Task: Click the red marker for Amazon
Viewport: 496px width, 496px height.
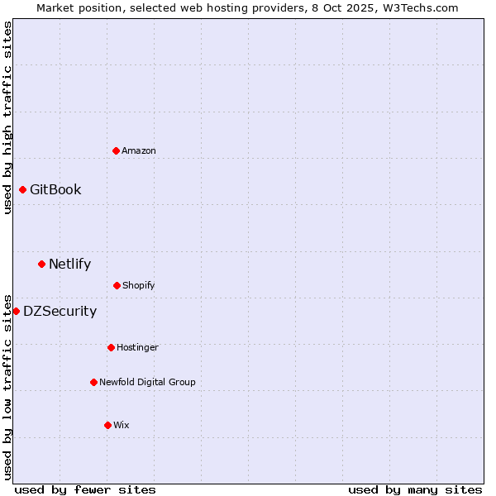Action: coord(116,150)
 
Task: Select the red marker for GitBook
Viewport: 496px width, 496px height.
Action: coord(22,190)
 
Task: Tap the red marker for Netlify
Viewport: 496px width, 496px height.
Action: coord(41,265)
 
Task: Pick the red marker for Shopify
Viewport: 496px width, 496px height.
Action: coord(117,285)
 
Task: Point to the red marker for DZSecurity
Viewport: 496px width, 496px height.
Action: coord(16,311)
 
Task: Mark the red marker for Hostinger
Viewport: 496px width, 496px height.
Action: coord(111,347)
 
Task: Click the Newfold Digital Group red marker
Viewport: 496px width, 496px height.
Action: coord(93,382)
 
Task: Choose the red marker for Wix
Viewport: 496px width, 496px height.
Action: coord(107,425)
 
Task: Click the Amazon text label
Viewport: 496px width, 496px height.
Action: coord(139,150)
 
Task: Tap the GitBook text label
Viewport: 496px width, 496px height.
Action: coord(55,190)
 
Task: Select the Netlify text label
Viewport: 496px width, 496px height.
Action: coord(69,265)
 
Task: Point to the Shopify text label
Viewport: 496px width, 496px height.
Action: coord(139,285)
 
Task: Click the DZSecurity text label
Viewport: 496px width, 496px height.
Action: coord(60,312)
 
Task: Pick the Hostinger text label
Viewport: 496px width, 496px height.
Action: coord(137,347)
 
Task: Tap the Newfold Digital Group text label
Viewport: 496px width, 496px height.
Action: coord(147,382)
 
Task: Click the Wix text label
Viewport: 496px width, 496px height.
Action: coord(122,425)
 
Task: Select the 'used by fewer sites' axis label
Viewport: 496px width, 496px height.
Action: coord(85,489)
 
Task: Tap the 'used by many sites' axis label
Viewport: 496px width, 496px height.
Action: coord(415,489)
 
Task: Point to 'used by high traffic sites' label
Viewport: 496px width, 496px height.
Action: coord(7,117)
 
